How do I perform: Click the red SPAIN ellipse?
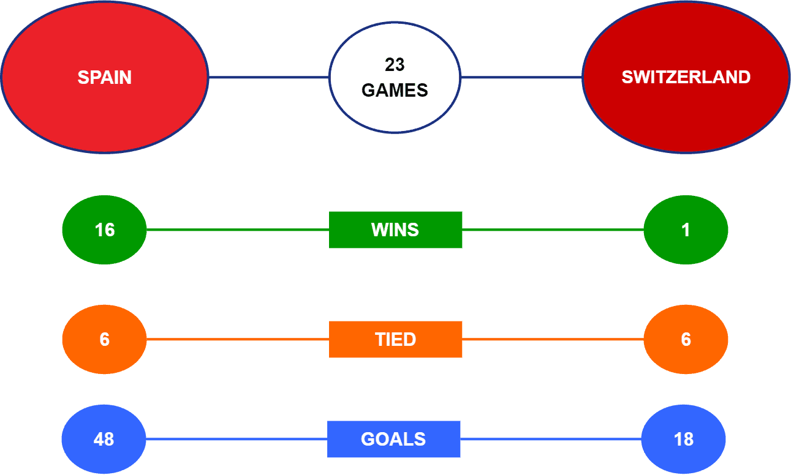point(105,77)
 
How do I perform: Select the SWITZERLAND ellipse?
point(686,77)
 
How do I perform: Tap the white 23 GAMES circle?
point(395,77)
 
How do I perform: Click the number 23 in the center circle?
point(395,65)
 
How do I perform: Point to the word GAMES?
point(395,90)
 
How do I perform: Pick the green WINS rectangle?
point(396,230)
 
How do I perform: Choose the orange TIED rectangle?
point(396,339)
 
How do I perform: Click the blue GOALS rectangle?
point(394,439)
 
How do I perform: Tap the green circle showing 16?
point(105,230)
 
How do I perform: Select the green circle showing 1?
point(686,230)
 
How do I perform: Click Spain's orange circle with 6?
point(105,339)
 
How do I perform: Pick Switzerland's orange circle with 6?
point(686,339)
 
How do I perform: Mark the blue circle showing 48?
point(104,439)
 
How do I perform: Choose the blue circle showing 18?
point(684,439)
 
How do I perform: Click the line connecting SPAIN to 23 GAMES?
point(269,77)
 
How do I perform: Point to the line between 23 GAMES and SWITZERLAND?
point(521,77)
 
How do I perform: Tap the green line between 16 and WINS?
point(238,230)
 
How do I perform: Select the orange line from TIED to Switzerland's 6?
point(553,339)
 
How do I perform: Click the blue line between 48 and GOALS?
point(237,439)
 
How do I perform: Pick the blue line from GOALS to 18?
point(551,439)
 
